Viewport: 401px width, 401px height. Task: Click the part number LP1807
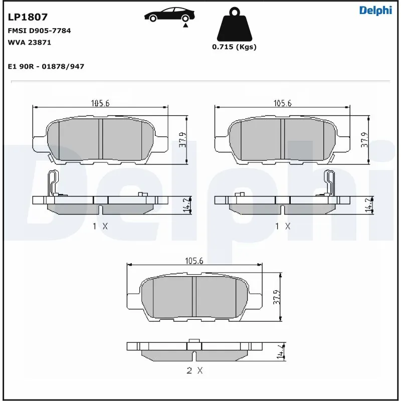coord(28,17)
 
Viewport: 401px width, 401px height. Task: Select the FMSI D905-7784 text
coord(40,31)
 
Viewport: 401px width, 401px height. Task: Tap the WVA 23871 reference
coord(30,43)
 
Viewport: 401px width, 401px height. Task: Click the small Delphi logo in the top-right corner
coord(375,11)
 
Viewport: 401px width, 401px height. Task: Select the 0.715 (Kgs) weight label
coord(234,47)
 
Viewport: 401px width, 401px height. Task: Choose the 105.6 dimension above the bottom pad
coord(194,261)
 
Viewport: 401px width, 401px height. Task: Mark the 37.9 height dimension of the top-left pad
coord(182,140)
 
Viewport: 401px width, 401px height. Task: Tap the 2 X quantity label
coord(194,371)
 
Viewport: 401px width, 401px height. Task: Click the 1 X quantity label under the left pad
coord(100,226)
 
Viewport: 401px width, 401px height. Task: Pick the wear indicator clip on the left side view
coord(52,183)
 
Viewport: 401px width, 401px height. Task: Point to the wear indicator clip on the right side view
coord(330,183)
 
